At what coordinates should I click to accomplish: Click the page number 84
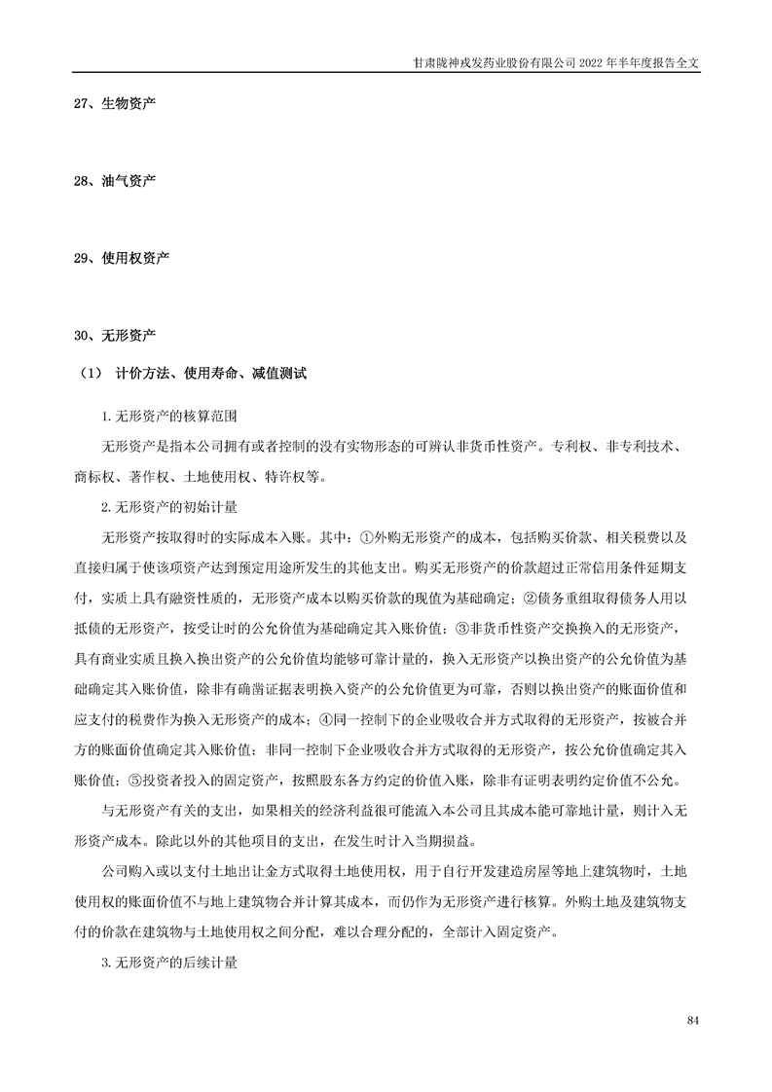point(693,1020)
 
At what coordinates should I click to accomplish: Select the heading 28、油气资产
point(115,180)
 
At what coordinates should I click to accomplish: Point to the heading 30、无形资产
point(115,336)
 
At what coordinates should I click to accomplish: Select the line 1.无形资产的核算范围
point(169,418)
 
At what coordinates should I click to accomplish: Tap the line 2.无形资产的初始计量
point(169,507)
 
